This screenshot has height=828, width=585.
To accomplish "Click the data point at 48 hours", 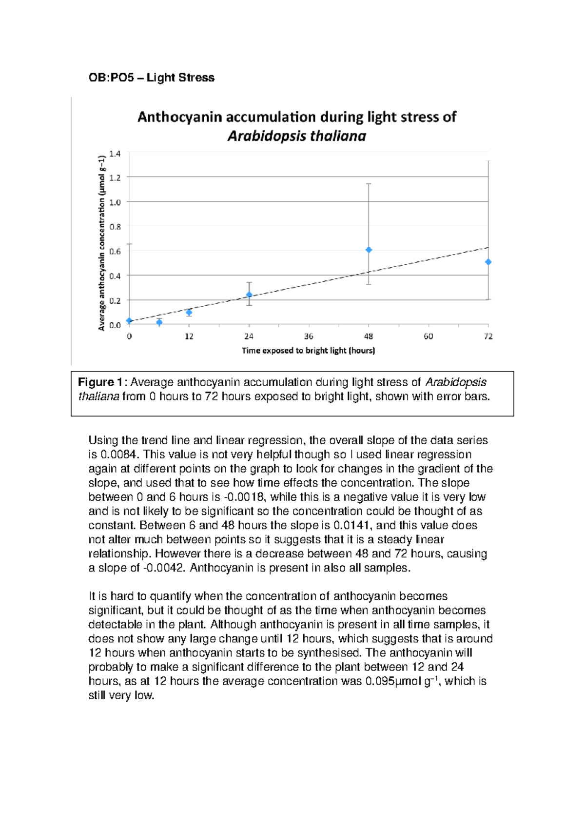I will coord(369,250).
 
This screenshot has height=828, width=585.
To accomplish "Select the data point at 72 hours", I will coord(488,262).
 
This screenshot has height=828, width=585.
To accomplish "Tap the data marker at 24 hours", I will coord(249,295).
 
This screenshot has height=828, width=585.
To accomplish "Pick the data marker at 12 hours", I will coord(189,313).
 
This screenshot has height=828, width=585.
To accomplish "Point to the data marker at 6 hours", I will coord(159,322).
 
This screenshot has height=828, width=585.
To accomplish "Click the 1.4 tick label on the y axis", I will coord(115,154).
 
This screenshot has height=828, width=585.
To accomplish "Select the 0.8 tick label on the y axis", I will coord(115,227).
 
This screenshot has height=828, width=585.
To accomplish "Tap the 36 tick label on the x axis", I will coord(309,336).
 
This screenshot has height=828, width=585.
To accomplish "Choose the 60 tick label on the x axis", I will coord(428,336).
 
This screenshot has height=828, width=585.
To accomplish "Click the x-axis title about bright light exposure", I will coord(308,351).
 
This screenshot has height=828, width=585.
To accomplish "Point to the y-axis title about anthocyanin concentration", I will coord(101,243).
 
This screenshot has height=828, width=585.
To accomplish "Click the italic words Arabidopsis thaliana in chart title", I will coord(296,136).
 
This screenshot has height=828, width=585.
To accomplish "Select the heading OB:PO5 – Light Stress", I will coord(151,78).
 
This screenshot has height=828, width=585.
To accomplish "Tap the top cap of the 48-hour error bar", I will coord(369,184).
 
